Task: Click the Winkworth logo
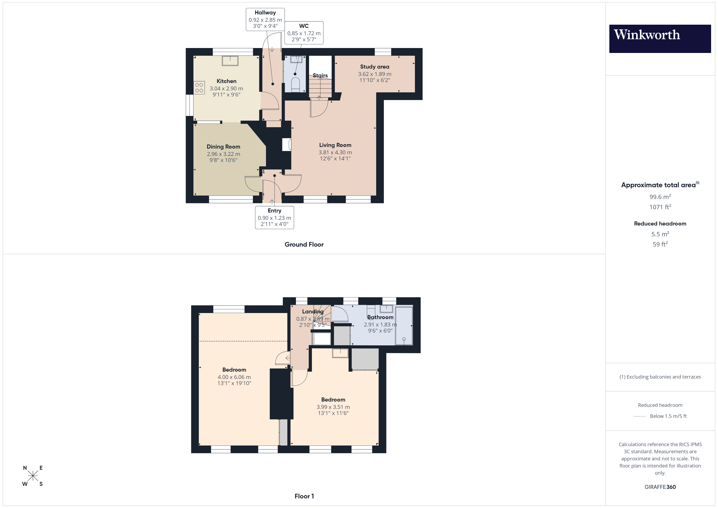click(660, 38)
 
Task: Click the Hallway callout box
click(265, 19)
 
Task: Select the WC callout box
click(304, 33)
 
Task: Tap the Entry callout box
click(274, 217)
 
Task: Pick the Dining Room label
click(223, 147)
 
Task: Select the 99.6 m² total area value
click(660, 197)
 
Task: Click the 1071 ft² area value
click(660, 207)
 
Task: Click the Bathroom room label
click(380, 317)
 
